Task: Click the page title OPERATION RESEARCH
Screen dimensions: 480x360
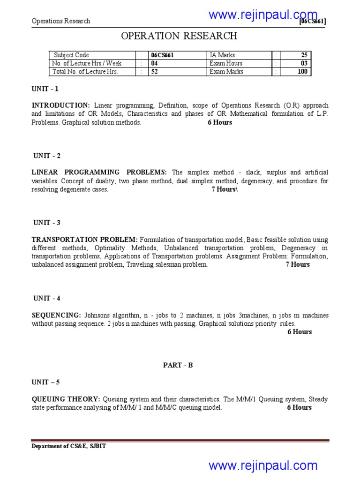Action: [x=180, y=36]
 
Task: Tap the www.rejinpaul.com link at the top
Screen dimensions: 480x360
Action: [x=263, y=15]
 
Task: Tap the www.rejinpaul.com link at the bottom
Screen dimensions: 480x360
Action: [x=263, y=465]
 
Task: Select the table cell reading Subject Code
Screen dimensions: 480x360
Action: [x=71, y=55]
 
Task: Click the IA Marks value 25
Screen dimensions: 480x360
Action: [x=304, y=55]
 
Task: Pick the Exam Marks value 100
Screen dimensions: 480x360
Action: [x=302, y=72]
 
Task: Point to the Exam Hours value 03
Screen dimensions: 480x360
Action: [x=304, y=63]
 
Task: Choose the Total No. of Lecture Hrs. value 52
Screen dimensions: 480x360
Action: [x=154, y=72]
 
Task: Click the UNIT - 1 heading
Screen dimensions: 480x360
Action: [x=45, y=89]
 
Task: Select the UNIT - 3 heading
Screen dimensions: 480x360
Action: [x=47, y=222]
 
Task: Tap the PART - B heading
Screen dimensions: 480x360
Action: [x=178, y=365]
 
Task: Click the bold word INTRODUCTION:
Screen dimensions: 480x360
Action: [x=61, y=105]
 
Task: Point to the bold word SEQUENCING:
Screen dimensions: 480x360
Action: [x=56, y=315]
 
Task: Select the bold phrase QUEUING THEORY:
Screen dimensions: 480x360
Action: [x=66, y=399]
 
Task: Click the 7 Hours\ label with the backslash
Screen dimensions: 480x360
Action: [x=225, y=189]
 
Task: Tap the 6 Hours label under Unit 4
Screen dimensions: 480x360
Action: [x=300, y=332]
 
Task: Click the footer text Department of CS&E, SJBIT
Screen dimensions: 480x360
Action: [x=68, y=446]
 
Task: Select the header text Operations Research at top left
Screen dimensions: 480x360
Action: [x=61, y=21]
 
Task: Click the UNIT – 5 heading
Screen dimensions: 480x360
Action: [x=45, y=382]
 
